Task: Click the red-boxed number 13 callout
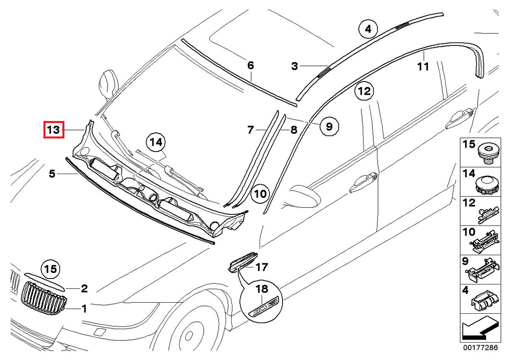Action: point(54,129)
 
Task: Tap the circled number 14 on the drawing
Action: point(156,143)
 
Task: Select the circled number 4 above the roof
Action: point(368,29)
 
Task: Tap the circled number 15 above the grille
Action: point(51,269)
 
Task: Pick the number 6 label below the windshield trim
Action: point(251,65)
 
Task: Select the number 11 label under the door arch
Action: point(423,66)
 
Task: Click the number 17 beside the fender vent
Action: point(262,267)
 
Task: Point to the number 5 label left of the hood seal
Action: point(52,174)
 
